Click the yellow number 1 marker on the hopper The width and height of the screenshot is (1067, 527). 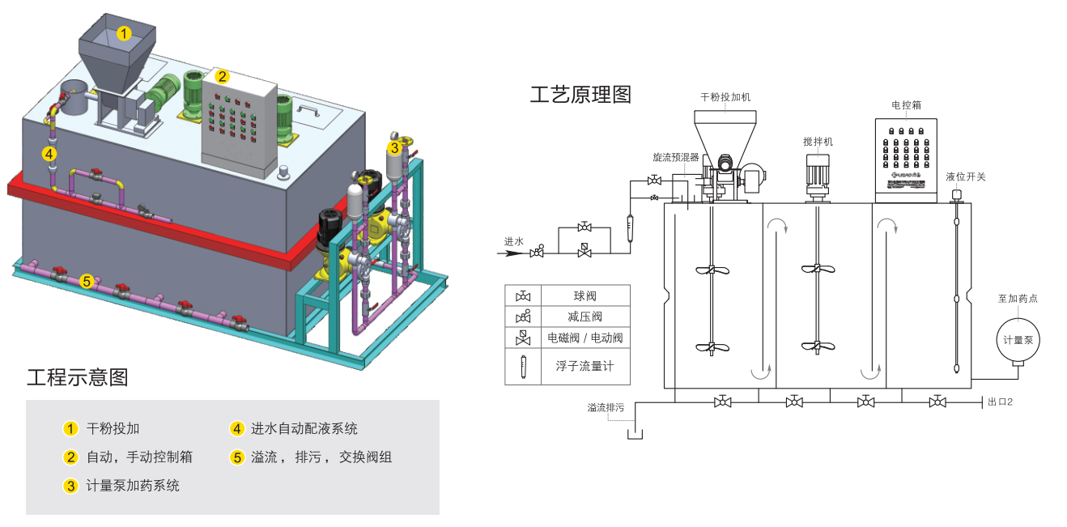pyautogui.click(x=124, y=34)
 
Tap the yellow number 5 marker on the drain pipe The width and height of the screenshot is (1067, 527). pyautogui.click(x=86, y=282)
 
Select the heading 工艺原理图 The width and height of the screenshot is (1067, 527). pyautogui.click(x=580, y=95)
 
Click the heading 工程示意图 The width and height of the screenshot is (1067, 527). pyautogui.click(x=78, y=377)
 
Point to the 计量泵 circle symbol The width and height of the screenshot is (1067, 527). pyautogui.click(x=1018, y=340)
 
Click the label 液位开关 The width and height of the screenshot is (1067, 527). pyautogui.click(x=966, y=176)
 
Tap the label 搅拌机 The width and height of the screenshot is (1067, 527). pyautogui.click(x=818, y=142)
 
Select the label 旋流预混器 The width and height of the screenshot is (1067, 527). pyautogui.click(x=676, y=157)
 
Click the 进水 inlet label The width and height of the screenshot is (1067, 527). pyautogui.click(x=514, y=241)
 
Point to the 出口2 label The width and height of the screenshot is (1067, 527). pyautogui.click(x=1001, y=402)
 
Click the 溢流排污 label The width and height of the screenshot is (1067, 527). pyautogui.click(x=606, y=407)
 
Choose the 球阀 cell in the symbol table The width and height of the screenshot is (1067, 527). pyautogui.click(x=585, y=296)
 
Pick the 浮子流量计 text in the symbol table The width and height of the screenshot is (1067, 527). pyautogui.click(x=585, y=366)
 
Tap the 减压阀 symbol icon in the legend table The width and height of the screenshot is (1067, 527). pyautogui.click(x=523, y=317)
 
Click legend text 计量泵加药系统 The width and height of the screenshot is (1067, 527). pyautogui.click(x=133, y=486)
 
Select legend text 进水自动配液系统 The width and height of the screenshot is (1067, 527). pyautogui.click(x=304, y=428)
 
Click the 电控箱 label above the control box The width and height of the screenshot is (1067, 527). pyautogui.click(x=906, y=104)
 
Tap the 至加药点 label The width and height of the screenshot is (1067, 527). pyautogui.click(x=1018, y=298)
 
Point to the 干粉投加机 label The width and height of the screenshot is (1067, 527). pyautogui.click(x=725, y=97)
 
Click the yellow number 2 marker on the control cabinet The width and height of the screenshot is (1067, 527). pyautogui.click(x=222, y=76)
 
